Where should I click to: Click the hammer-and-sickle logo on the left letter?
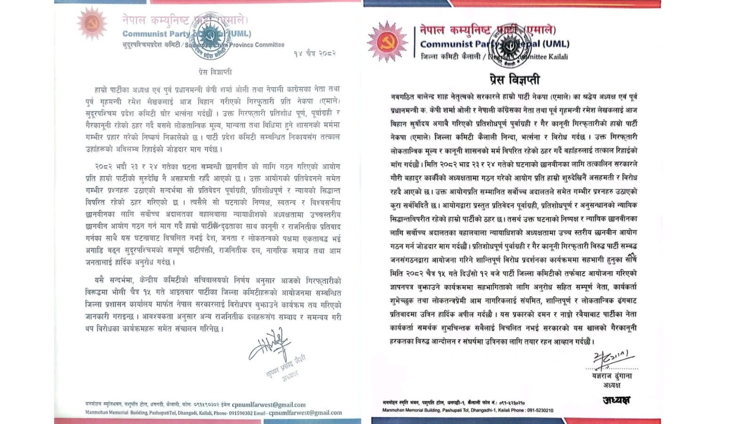point(92,23)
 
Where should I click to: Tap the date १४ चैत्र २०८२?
point(314,53)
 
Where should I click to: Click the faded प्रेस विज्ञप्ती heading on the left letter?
point(215,72)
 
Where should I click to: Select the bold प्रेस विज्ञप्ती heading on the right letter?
point(514,79)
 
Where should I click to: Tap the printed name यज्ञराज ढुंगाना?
point(612,376)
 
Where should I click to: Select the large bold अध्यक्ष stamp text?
point(616,400)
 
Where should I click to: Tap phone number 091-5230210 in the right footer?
point(539,410)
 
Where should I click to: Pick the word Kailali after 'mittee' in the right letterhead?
point(558,57)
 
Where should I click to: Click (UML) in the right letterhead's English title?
point(556,44)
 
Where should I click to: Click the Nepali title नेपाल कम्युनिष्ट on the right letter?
point(451,31)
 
